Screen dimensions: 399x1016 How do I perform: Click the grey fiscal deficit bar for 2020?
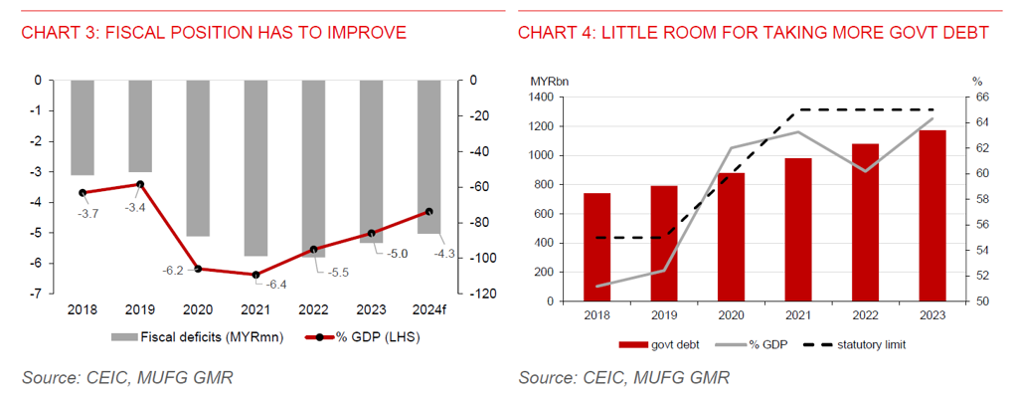coord(198,157)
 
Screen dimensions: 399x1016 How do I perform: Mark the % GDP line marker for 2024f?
coord(428,212)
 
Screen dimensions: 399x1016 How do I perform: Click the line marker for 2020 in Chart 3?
coord(198,269)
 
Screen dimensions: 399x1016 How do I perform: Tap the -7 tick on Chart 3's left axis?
coord(37,295)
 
